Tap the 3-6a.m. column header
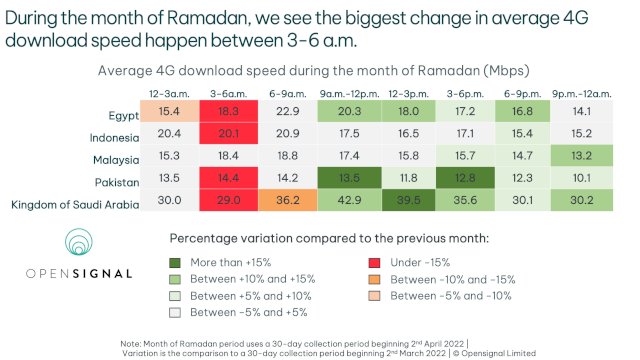click(229, 92)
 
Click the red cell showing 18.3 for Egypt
click(229, 112)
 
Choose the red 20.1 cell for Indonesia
click(229, 134)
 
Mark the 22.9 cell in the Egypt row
click(288, 112)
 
